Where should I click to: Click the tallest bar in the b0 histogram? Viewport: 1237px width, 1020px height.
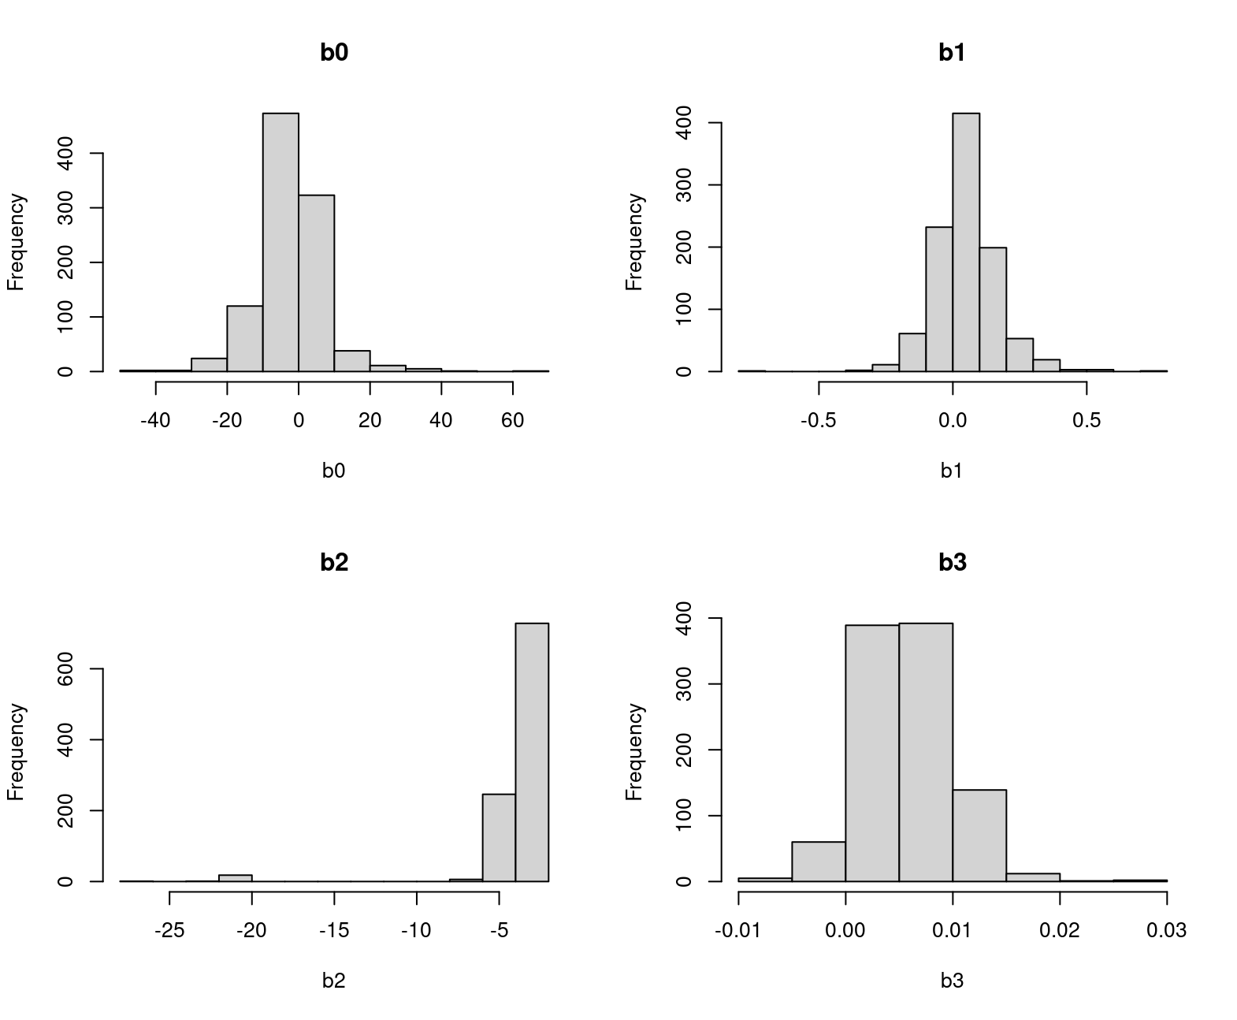coord(280,242)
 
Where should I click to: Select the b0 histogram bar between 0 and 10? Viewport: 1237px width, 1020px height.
coord(316,283)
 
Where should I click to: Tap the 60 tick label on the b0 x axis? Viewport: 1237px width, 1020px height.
coord(512,421)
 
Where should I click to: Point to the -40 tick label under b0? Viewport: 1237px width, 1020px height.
coord(155,421)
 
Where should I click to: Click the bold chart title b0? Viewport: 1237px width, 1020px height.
coord(334,53)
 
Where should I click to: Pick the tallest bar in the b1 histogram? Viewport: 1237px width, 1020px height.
coord(966,242)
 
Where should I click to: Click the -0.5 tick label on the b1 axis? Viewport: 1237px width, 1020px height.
coord(819,421)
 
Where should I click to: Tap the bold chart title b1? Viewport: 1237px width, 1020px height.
coord(952,53)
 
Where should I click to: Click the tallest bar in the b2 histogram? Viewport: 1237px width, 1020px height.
coord(532,752)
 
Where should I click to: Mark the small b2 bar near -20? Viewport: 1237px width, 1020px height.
coord(236,878)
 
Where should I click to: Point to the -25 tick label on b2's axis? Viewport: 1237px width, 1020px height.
coord(169,931)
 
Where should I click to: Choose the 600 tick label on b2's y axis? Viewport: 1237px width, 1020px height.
coord(66,668)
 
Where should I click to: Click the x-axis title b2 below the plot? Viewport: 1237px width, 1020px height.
coord(334,981)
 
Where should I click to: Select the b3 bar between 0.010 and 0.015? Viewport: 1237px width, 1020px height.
coord(979,836)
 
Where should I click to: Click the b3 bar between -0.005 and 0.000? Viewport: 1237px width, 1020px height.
coord(819,862)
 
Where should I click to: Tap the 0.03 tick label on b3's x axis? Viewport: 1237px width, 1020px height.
coord(1166,931)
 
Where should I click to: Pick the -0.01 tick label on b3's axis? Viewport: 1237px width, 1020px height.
coord(738,931)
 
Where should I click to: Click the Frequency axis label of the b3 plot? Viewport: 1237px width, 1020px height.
coord(635,752)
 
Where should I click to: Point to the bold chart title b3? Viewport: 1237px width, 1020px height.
coord(952,563)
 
